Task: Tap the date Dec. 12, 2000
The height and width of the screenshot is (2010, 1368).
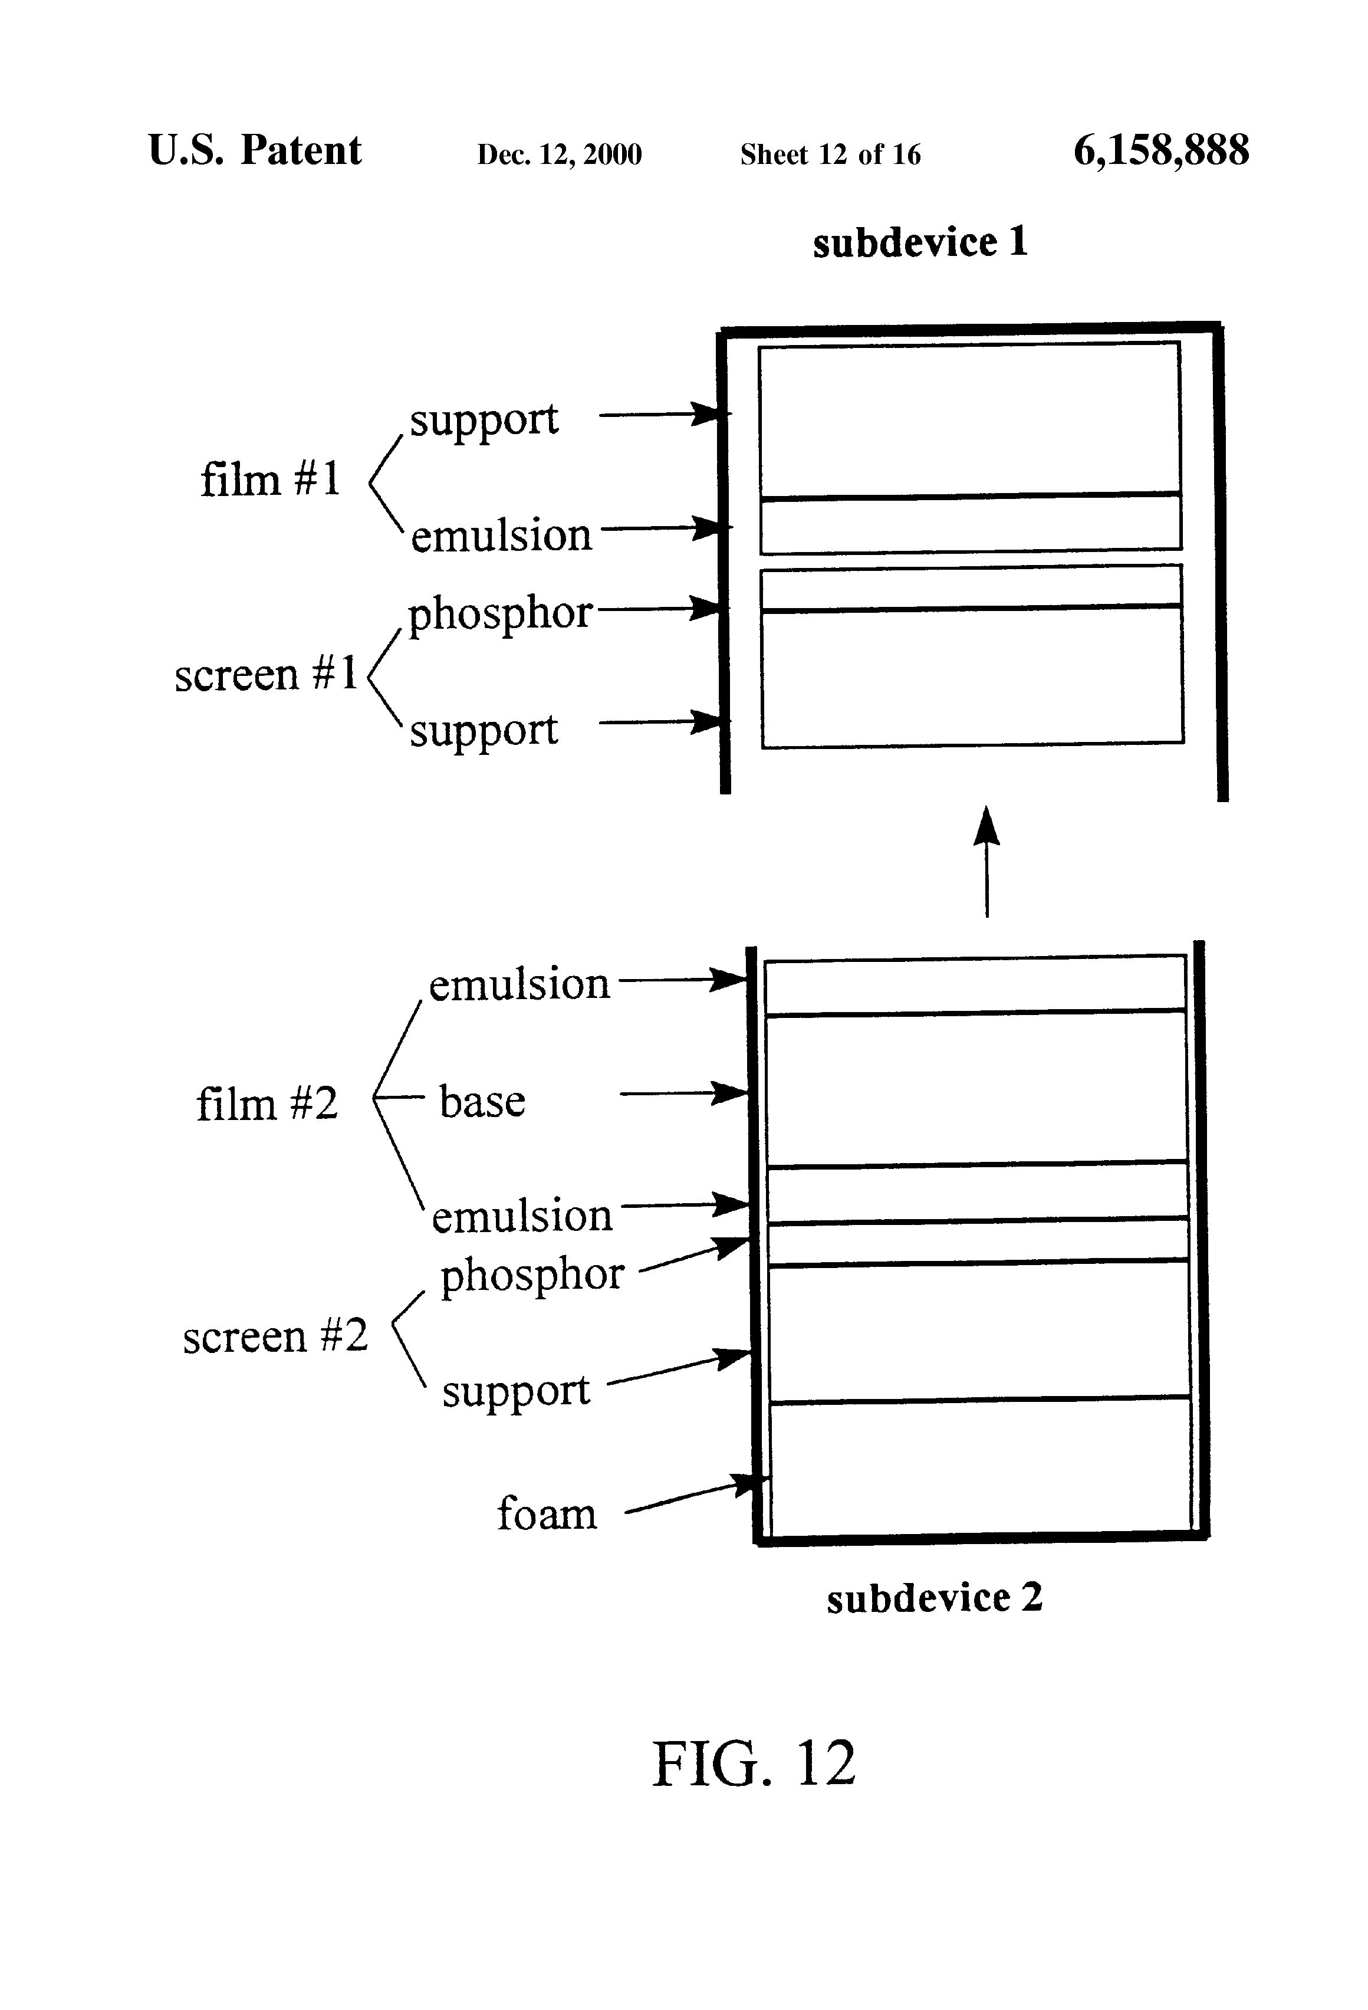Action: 560,155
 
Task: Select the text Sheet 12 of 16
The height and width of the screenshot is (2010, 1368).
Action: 830,154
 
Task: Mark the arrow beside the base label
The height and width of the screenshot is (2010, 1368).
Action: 683,1093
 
